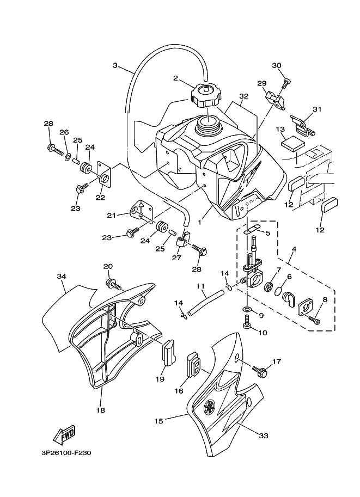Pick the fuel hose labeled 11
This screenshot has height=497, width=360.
[206, 303]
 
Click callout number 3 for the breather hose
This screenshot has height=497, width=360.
[115, 65]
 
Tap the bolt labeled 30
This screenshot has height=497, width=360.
[286, 83]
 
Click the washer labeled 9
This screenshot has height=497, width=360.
[247, 309]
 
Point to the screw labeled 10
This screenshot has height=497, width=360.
[247, 325]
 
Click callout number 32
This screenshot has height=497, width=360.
[243, 96]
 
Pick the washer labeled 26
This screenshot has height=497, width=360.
[68, 157]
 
